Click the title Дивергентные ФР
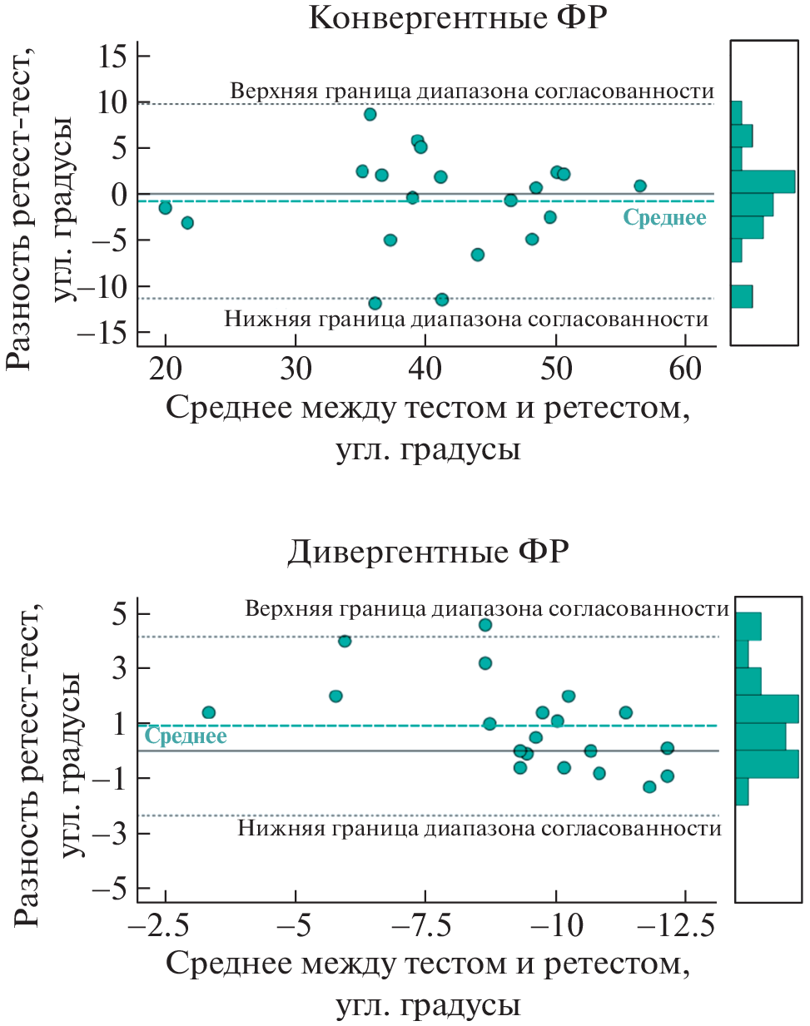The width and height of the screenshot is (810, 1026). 428,551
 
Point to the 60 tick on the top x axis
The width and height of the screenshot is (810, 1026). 685,368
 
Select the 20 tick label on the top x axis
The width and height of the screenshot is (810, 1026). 166,368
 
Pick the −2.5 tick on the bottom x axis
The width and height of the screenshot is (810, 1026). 165,924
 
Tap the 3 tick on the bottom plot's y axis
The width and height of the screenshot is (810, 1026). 121,668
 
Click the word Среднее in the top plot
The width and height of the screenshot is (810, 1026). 664,218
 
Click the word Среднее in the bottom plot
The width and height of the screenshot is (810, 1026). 186,736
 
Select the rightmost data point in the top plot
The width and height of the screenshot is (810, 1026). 639,186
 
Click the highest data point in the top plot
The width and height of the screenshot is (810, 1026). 370,114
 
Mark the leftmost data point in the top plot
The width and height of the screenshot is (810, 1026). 165,207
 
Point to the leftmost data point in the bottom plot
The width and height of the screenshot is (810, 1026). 209,712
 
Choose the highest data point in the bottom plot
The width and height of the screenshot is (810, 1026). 485,625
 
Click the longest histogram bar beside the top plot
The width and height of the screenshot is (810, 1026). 763,181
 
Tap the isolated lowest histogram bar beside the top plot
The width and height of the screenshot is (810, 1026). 742,296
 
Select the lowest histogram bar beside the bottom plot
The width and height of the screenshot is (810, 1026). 742,791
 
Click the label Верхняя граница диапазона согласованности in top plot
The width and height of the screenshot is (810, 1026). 472,91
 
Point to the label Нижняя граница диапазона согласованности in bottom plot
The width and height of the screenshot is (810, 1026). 480,828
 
